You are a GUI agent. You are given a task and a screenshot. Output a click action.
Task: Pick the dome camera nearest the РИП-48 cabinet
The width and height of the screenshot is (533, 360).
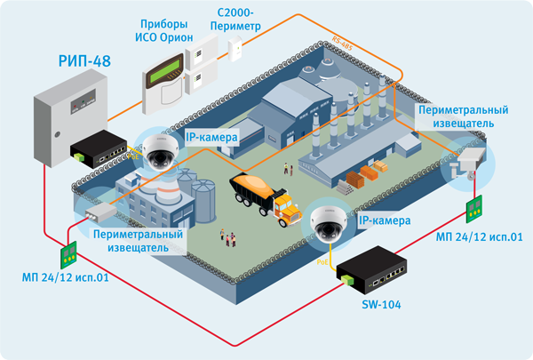[x=161, y=149]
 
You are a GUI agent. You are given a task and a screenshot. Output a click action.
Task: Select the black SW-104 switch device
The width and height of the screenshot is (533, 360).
[x=382, y=271]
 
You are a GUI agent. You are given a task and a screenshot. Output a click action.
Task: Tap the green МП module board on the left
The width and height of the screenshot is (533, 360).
[x=67, y=256]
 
